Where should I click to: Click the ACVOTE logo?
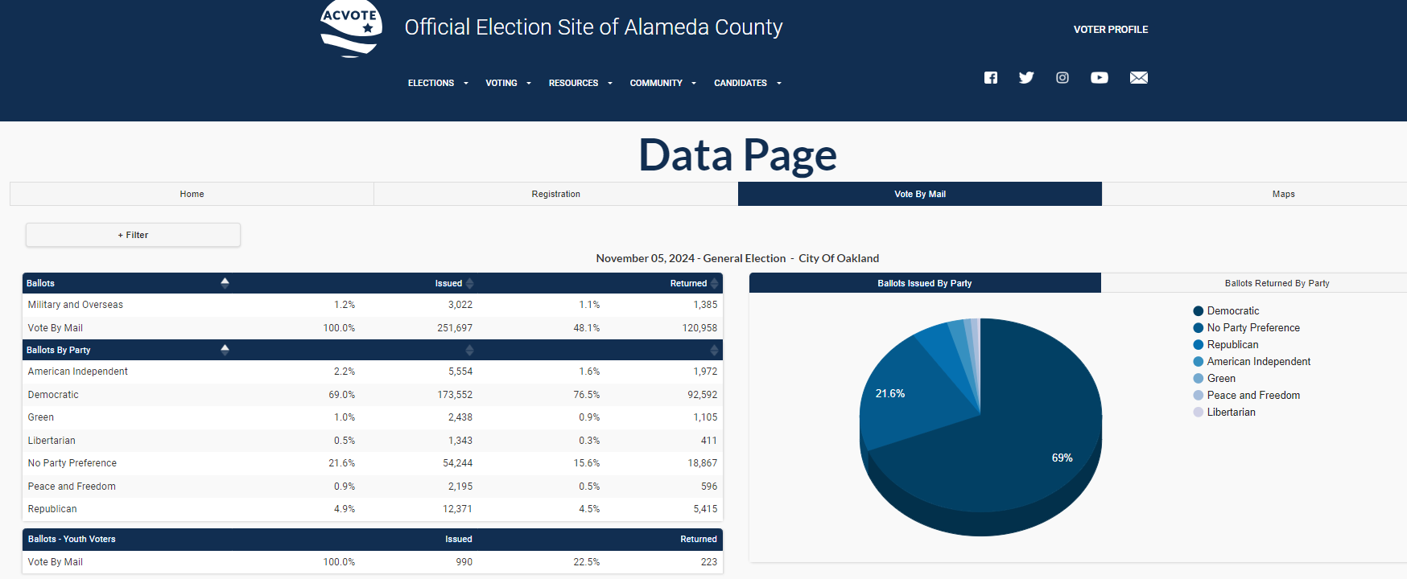click(x=351, y=28)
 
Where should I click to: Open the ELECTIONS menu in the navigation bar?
click(x=437, y=83)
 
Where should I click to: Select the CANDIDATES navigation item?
click(x=747, y=83)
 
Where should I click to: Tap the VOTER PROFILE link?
click(x=1110, y=30)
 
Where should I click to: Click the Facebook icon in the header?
click(x=991, y=78)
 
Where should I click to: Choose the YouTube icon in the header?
click(x=1099, y=78)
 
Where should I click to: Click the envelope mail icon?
click(x=1138, y=78)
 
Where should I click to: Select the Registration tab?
click(x=555, y=194)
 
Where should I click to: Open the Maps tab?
click(x=1283, y=194)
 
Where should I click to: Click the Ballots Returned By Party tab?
click(x=1277, y=283)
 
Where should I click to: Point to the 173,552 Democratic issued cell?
click(x=455, y=395)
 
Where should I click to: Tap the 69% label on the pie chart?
click(x=1062, y=458)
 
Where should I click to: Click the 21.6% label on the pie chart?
click(x=889, y=394)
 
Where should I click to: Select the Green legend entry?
click(x=1220, y=379)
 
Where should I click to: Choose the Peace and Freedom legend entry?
click(x=1252, y=396)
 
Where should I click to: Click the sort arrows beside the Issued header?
click(x=469, y=283)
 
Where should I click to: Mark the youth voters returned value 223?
click(x=708, y=562)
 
